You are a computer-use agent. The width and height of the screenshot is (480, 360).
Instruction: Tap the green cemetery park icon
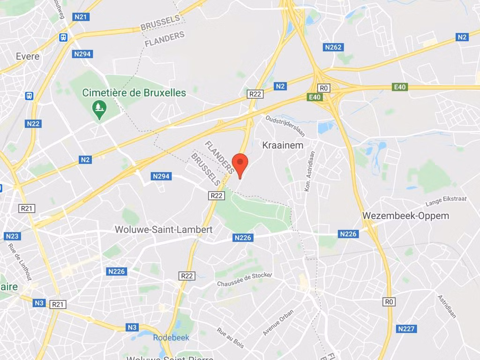pos(99,109)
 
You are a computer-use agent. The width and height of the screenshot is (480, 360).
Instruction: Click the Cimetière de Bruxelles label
pos(134,93)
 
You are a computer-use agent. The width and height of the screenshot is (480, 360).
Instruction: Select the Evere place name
pos(28,56)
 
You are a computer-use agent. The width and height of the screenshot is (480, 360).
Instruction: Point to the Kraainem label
pos(283,145)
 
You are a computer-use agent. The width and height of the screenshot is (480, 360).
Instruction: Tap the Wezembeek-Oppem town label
pos(405,216)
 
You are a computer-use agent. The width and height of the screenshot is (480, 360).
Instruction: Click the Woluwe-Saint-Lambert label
pos(164,230)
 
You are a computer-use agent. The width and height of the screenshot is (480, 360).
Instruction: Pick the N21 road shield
pos(81,17)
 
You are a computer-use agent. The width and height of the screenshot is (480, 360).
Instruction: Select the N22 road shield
pos(33,124)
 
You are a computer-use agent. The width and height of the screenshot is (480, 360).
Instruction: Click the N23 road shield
pos(12,236)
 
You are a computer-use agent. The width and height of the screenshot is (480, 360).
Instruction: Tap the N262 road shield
pos(333,47)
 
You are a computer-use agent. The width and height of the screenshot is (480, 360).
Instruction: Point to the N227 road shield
pos(406,329)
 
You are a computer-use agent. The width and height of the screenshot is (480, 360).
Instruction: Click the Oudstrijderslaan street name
pos(285,126)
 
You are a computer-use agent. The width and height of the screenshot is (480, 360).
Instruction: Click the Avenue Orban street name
pos(278,322)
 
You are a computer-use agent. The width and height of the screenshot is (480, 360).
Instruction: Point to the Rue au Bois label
pos(231,337)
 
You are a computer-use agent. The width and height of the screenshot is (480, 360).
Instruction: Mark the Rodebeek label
pos(171,337)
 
